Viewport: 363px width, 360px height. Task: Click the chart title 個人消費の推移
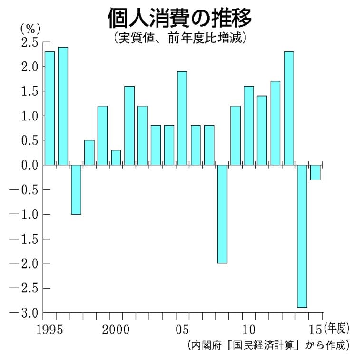tap(179, 18)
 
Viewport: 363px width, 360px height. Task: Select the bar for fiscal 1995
tap(49, 108)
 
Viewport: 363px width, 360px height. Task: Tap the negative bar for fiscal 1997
tap(76, 190)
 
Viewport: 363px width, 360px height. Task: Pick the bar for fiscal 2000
tap(116, 158)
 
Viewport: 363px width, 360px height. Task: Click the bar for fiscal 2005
tap(182, 118)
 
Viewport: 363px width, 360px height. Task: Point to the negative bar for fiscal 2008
tap(222, 214)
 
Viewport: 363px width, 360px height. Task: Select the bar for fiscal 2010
tap(248, 125)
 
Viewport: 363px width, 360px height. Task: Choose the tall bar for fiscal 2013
tap(288, 108)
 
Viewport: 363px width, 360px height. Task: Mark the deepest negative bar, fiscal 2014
tap(302, 236)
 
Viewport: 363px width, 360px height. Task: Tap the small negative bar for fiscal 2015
tap(315, 172)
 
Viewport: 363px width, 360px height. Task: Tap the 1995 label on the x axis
tap(49, 329)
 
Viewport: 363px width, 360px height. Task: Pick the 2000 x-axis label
tap(116, 329)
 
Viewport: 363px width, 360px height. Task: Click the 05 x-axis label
tap(182, 329)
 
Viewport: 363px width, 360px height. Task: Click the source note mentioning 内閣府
tap(268, 344)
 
